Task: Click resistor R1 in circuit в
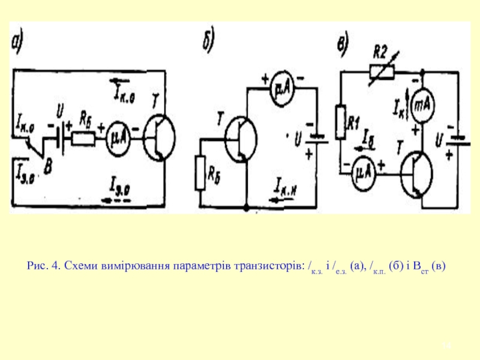(341, 122)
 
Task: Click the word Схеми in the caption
(78, 265)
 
